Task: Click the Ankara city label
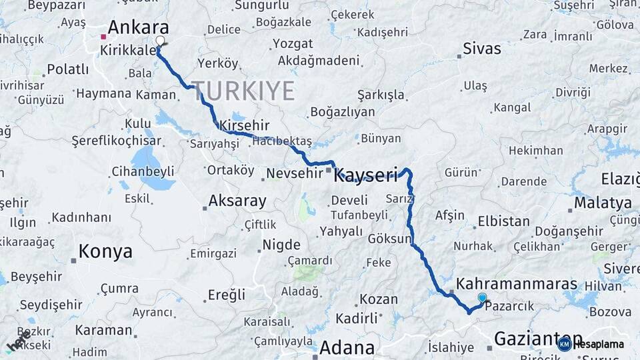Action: (x=137, y=28)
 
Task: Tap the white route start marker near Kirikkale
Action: (x=159, y=41)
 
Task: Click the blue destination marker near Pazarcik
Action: (x=482, y=297)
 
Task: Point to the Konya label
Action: (x=105, y=251)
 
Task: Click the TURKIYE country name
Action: (x=243, y=91)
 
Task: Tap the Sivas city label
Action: (x=481, y=49)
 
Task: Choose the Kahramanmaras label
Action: (x=516, y=284)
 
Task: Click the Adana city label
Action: (x=347, y=347)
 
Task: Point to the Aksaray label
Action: (x=237, y=200)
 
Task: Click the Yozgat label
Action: (x=292, y=44)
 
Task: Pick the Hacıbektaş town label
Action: (x=282, y=141)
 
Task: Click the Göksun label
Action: (x=390, y=239)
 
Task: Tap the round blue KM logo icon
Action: (x=564, y=344)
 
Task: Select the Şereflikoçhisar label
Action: (x=117, y=141)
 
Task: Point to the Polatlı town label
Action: (x=67, y=69)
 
